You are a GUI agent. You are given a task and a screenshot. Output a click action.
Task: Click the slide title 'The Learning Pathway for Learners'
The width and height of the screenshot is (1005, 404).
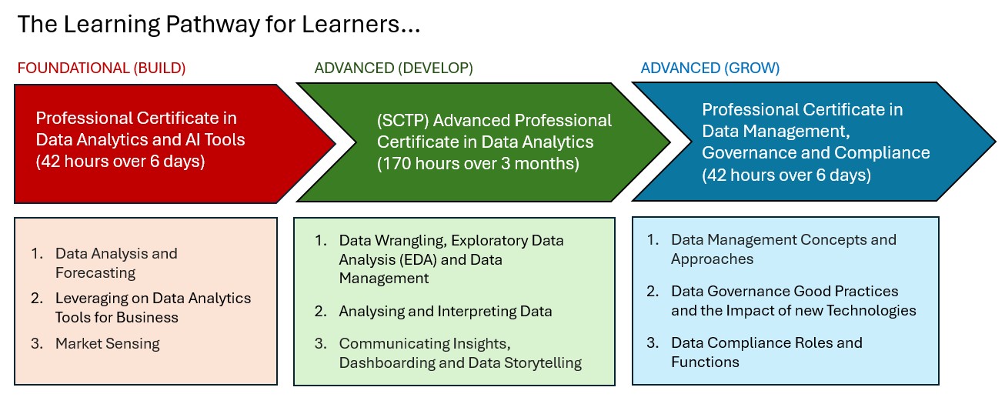pyautogui.click(x=219, y=25)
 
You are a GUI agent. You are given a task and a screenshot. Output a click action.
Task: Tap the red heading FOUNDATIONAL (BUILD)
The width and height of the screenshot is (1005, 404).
pyautogui.click(x=102, y=68)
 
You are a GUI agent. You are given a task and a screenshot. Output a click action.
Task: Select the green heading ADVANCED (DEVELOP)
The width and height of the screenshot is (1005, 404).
pyautogui.click(x=393, y=68)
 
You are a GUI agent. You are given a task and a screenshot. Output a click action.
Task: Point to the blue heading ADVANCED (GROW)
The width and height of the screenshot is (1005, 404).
pyautogui.click(x=710, y=68)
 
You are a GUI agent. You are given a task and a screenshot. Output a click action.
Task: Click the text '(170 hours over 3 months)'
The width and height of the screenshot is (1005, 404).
pyautogui.click(x=478, y=164)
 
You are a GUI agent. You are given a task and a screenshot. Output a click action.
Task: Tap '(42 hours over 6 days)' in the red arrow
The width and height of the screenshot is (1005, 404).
pyautogui.click(x=120, y=162)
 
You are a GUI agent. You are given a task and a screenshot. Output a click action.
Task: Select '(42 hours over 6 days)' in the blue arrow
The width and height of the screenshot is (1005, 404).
pyautogui.click(x=786, y=175)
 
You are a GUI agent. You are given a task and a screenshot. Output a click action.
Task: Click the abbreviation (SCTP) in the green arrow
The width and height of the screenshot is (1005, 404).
pyautogui.click(x=402, y=121)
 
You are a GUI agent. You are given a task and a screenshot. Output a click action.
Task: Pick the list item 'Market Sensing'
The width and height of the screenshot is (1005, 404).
pyautogui.click(x=107, y=343)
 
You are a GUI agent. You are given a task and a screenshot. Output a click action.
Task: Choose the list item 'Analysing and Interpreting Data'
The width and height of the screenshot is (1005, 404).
pyautogui.click(x=445, y=312)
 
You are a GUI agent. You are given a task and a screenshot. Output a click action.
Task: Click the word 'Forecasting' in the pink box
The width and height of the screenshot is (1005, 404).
pyautogui.click(x=95, y=273)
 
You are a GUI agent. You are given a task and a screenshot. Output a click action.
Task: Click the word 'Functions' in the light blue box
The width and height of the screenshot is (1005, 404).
pyautogui.click(x=705, y=362)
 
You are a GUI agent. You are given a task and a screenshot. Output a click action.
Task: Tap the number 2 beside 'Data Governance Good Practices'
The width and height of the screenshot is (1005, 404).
pyautogui.click(x=652, y=292)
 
